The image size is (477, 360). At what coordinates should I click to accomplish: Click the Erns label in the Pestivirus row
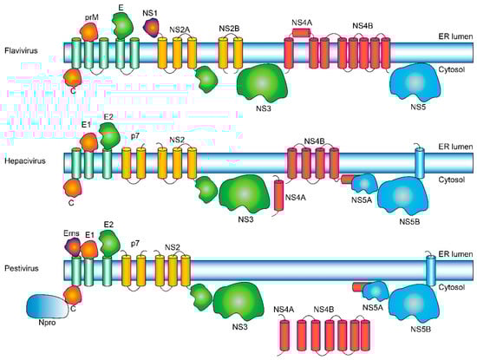pyautogui.click(x=72, y=233)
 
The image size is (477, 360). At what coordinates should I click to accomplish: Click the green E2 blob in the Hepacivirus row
pyautogui.click(x=110, y=134)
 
